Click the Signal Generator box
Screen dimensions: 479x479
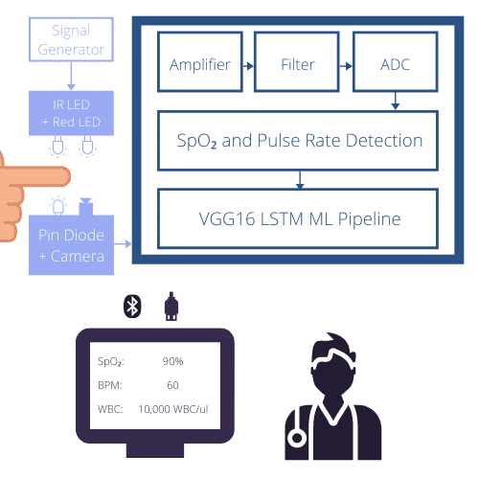click(x=71, y=39)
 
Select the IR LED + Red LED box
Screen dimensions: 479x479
click(x=71, y=113)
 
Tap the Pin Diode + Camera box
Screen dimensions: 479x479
click(x=71, y=245)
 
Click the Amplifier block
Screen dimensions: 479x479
click(x=200, y=62)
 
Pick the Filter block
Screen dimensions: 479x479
click(x=297, y=62)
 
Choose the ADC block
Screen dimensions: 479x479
click(x=396, y=62)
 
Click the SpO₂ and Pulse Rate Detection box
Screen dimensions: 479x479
click(x=298, y=141)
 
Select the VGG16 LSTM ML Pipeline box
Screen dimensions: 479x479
click(x=298, y=218)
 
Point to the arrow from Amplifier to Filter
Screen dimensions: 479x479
click(x=248, y=66)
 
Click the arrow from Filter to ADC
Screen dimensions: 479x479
click(x=346, y=66)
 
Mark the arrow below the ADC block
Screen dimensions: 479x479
click(x=396, y=101)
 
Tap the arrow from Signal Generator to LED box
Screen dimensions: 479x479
click(x=71, y=76)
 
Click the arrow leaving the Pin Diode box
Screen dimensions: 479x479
click(x=123, y=244)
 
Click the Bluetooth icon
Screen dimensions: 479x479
click(x=132, y=307)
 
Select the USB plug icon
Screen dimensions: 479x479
click(x=171, y=307)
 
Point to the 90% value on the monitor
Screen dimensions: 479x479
click(x=172, y=361)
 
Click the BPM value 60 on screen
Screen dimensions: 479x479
click(x=172, y=385)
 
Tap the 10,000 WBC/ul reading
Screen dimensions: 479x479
click(x=173, y=409)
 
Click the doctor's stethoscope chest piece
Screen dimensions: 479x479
click(x=297, y=438)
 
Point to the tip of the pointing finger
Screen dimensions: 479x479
click(x=70, y=176)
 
